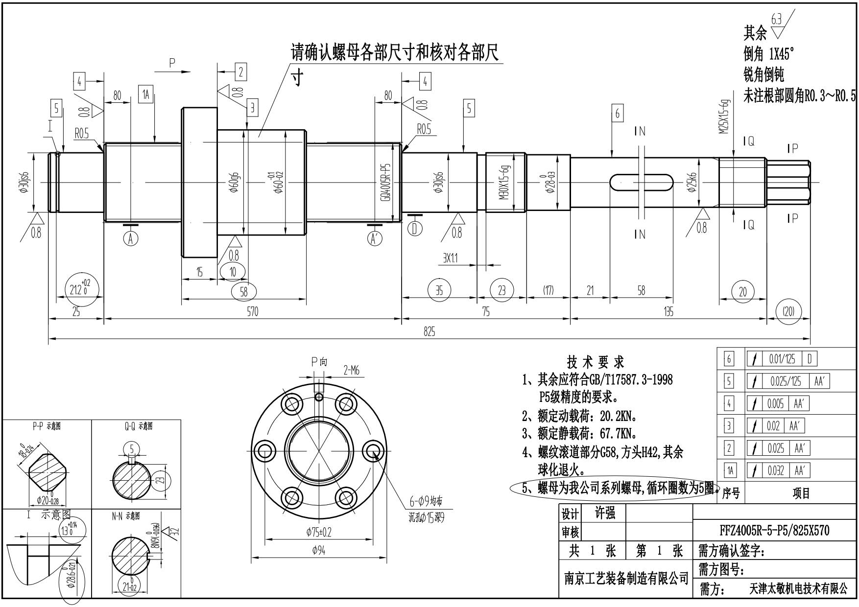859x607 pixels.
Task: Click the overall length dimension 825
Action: click(x=429, y=331)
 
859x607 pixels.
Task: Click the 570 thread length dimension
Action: click(x=252, y=312)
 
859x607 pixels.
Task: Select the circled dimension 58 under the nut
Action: click(x=243, y=292)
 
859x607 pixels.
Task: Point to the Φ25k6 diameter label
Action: click(x=692, y=182)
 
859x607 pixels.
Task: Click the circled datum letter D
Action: click(x=415, y=229)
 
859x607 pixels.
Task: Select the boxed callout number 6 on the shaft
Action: click(x=617, y=114)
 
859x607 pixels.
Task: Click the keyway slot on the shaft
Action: click(x=641, y=182)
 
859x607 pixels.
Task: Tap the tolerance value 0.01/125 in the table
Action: click(x=782, y=359)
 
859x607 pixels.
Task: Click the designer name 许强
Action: click(x=605, y=514)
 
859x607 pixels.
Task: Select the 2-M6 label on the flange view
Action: click(x=351, y=371)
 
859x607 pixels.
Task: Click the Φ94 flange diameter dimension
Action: click(x=318, y=551)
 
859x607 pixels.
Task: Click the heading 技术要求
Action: click(x=596, y=362)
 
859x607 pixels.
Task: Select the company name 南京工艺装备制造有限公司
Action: click(x=626, y=579)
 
